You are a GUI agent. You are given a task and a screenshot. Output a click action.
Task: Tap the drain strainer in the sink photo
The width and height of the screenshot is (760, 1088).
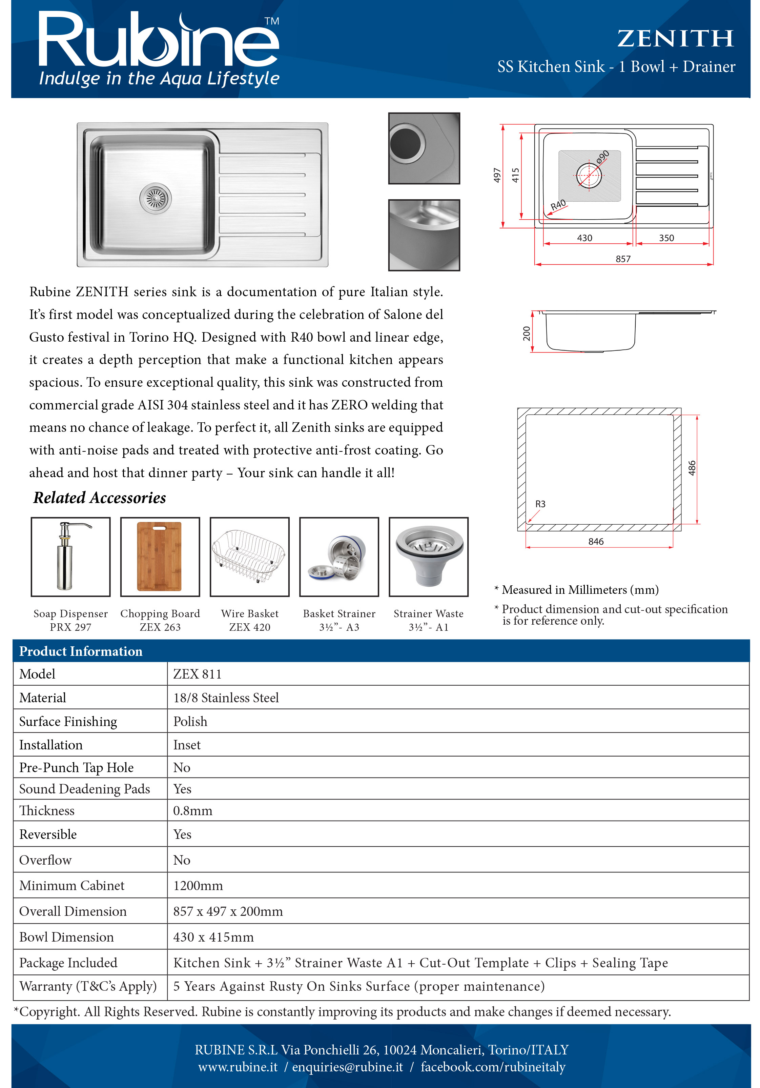click(x=156, y=198)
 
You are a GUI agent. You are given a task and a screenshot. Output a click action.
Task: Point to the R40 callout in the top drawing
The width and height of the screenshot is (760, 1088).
click(x=558, y=205)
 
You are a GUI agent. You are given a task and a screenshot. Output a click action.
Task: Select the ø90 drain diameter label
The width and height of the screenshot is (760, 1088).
click(x=603, y=157)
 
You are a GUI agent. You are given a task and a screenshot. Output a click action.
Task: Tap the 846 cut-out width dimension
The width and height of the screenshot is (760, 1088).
click(x=596, y=541)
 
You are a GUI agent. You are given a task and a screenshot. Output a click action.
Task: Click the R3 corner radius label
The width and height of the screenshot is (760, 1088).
click(x=540, y=504)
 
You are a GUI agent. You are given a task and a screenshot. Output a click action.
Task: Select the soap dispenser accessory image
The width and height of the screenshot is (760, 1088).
click(x=70, y=557)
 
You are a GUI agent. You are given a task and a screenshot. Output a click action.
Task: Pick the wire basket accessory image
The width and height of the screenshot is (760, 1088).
click(x=250, y=557)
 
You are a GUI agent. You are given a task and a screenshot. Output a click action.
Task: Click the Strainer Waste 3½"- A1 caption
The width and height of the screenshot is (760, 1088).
click(x=428, y=620)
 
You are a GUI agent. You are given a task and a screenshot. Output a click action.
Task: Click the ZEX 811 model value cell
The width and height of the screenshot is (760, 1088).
click(x=198, y=674)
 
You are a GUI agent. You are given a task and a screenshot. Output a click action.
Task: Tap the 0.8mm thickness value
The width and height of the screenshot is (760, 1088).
click(x=192, y=810)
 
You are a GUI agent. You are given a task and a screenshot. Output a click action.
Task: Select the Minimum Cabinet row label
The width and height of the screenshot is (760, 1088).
click(x=71, y=885)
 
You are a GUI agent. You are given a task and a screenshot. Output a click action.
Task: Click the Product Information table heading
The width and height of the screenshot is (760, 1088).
click(x=81, y=651)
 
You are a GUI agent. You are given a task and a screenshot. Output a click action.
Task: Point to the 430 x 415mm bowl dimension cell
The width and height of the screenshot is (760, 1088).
click(x=213, y=937)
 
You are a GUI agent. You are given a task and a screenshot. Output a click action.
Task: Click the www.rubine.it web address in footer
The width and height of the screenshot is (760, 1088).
click(x=238, y=1067)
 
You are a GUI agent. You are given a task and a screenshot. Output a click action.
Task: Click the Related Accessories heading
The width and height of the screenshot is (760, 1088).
click(x=100, y=498)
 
